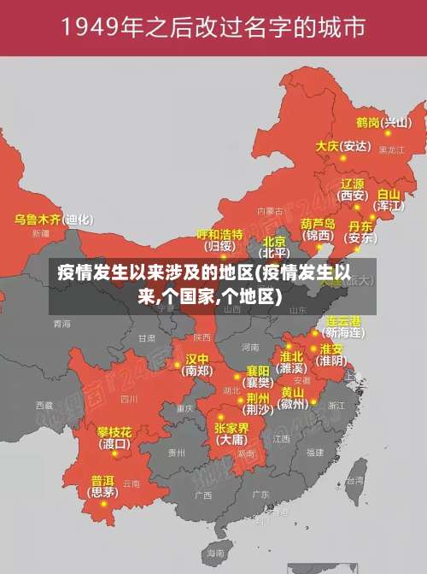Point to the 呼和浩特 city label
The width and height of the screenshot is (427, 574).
click(220, 234)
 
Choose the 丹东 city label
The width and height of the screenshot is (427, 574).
click(360, 226)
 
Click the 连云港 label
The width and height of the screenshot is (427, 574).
click(344, 320)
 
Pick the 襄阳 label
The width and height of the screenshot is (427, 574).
click(258, 371)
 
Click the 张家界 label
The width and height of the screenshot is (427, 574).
click(231, 428)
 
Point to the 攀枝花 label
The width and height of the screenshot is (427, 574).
click(114, 431)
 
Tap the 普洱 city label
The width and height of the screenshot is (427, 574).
click(102, 480)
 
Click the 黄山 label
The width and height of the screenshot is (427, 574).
click(292, 392)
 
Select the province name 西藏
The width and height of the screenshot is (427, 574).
click(44, 404)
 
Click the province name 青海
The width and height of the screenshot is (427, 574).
click(61, 324)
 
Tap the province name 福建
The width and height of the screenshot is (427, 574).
click(315, 452)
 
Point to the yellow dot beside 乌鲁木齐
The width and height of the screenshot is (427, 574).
click(69, 220)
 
